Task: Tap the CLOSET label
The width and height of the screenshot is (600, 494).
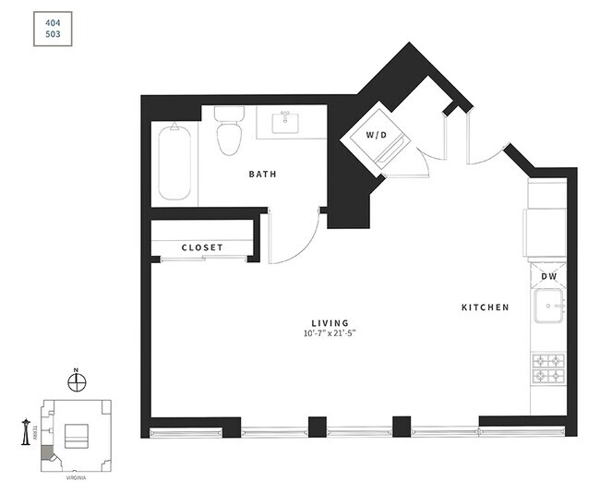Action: [203, 247]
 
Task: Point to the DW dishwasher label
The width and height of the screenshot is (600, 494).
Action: [548, 275]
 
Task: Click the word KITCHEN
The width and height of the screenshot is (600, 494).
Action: [486, 307]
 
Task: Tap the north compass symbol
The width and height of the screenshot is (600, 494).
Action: [77, 380]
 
